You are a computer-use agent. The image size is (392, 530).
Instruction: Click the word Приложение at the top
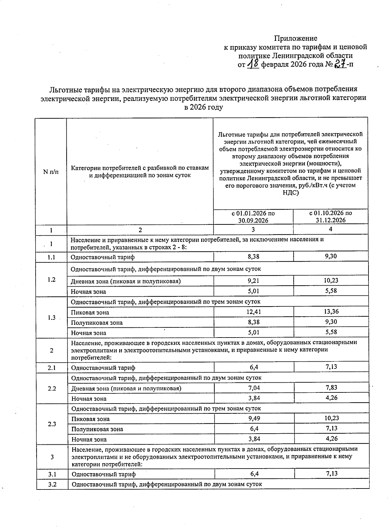[295, 38]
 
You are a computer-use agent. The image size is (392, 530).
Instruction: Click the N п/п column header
[51, 171]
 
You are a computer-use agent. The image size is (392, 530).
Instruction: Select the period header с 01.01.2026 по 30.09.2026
[253, 217]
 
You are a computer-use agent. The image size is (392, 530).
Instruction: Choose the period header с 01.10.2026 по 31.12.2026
[331, 216]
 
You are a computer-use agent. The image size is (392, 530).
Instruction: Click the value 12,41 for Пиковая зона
[253, 312]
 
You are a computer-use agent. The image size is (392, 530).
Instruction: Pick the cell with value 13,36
[331, 311]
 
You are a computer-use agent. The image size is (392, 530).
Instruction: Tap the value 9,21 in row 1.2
[253, 281]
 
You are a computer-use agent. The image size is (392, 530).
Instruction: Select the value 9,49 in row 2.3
[254, 418]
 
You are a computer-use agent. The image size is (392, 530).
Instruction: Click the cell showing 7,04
[254, 388]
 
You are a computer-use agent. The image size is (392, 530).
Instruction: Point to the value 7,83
[331, 388]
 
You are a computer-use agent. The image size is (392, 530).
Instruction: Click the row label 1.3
[51, 317]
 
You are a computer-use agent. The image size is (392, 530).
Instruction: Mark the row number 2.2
[52, 389]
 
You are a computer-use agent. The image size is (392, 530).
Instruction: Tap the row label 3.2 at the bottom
[52, 484]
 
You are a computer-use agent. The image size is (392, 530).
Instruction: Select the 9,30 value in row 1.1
[331, 256]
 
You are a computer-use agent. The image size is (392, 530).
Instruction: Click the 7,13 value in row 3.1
[331, 473]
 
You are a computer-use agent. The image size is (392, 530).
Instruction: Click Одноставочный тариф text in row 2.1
[103, 368]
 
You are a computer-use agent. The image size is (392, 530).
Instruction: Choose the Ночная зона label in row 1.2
[89, 291]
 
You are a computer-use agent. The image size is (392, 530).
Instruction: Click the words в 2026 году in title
[203, 107]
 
